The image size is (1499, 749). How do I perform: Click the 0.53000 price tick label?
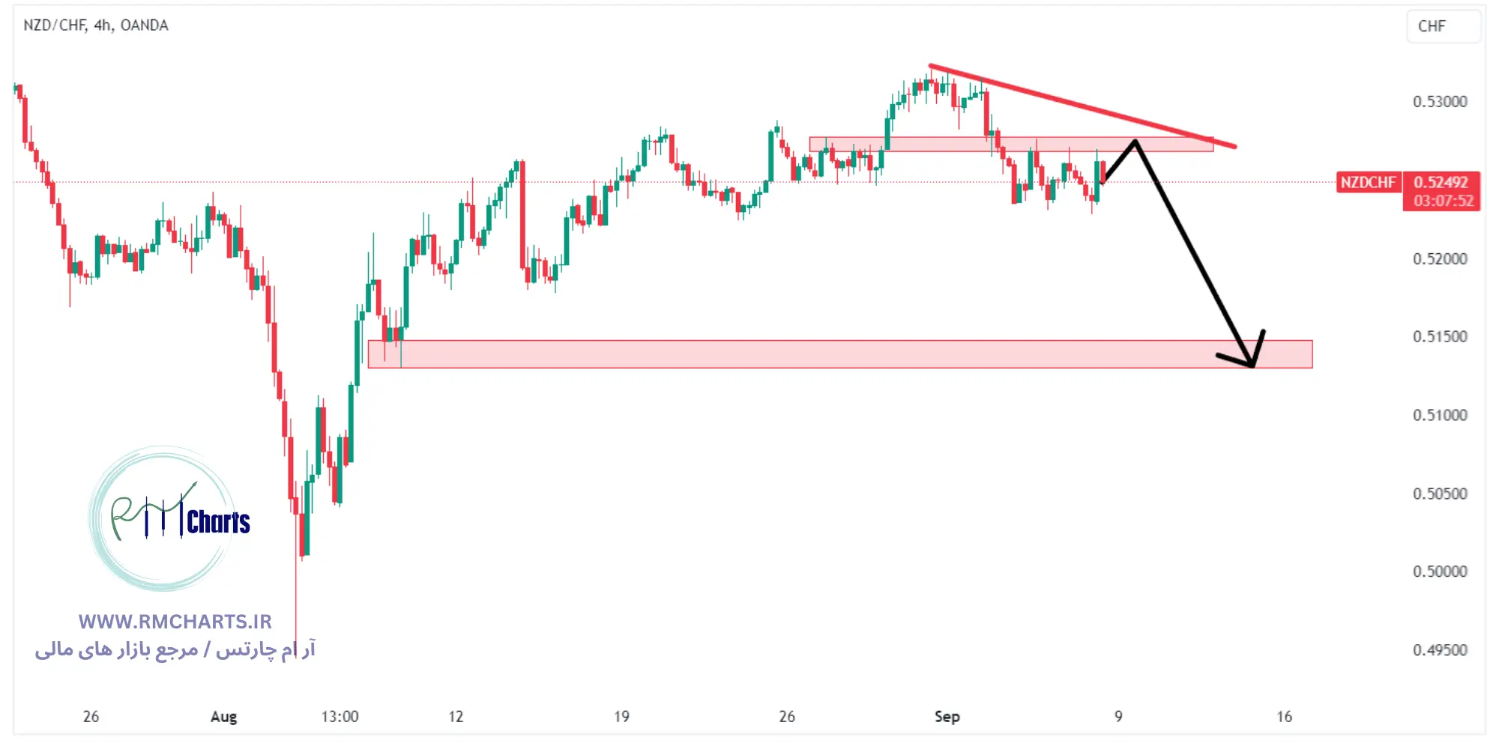tap(1440, 102)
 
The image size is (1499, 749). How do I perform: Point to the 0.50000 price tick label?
tap(1440, 571)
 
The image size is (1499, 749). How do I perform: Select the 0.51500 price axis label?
tap(1440, 336)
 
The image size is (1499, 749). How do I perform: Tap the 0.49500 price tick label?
tap(1440, 650)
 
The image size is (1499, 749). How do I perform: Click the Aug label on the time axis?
tap(223, 717)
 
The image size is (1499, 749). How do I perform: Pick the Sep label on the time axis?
tap(947, 717)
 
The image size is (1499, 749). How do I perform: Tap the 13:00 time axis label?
tap(340, 717)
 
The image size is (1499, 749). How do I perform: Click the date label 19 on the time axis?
tap(621, 717)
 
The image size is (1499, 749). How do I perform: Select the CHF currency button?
tap(1432, 26)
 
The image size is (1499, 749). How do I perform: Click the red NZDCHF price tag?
tap(1368, 182)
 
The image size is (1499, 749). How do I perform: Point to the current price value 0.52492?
tap(1441, 182)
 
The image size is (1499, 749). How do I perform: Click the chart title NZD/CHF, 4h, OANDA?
tap(96, 25)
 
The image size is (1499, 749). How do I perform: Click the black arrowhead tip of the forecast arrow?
tap(1252, 366)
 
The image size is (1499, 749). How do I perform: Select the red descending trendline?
tap(1079, 105)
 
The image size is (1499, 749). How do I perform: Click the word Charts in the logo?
tap(218, 522)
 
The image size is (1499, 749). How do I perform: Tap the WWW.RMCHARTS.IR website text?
tap(175, 622)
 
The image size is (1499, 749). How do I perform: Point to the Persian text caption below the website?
tap(175, 649)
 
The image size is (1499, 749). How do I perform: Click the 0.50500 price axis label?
tap(1440, 494)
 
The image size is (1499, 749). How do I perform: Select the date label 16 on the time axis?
tap(1284, 717)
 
